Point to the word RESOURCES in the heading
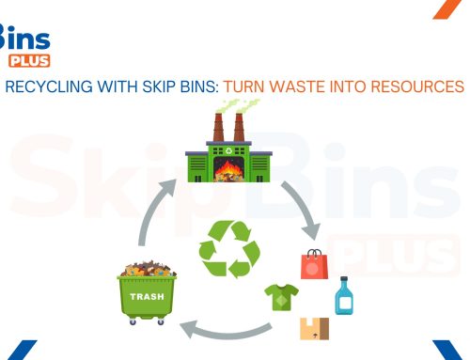coord(417,86)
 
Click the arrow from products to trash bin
coord(226,329)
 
